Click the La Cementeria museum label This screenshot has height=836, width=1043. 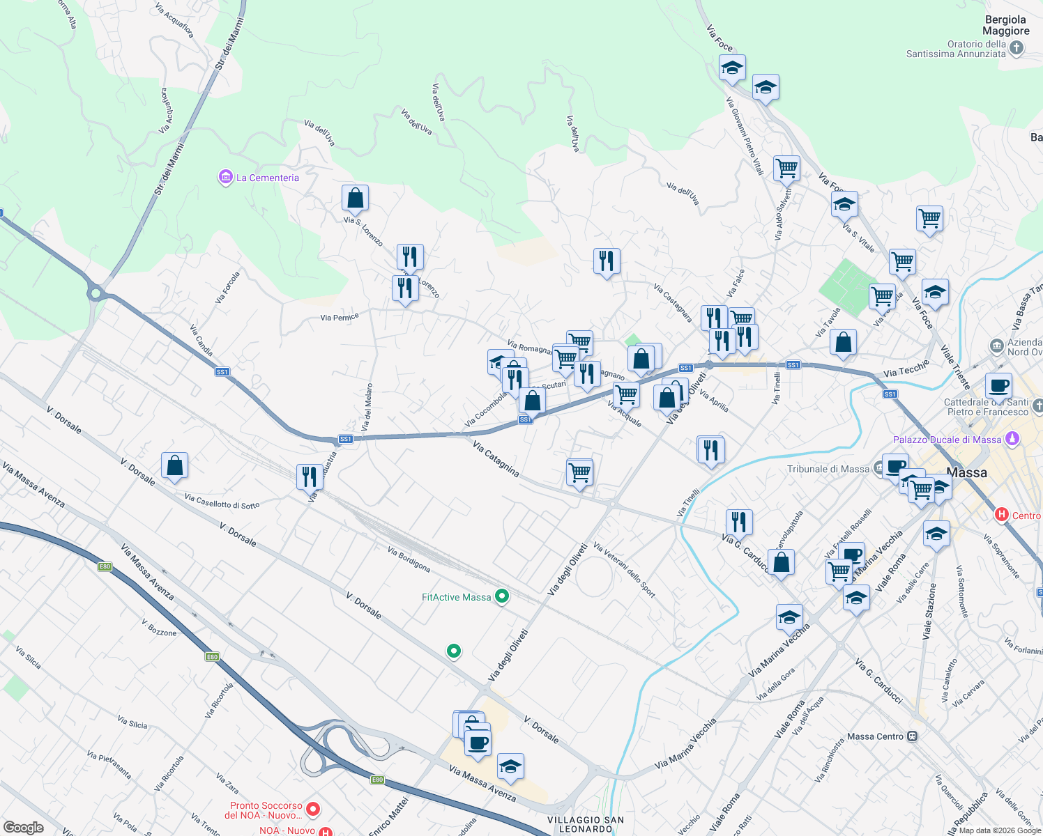(x=267, y=178)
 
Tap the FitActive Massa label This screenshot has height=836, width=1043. (x=457, y=597)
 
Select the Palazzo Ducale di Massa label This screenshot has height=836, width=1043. (x=947, y=440)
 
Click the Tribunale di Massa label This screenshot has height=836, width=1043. (x=828, y=469)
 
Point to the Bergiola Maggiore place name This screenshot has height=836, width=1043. (x=1005, y=25)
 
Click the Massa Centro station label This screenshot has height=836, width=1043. (x=875, y=736)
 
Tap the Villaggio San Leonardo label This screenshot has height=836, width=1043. (x=586, y=824)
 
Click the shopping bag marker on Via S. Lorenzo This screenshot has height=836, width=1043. (x=355, y=199)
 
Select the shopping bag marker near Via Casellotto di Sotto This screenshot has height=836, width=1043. (x=174, y=465)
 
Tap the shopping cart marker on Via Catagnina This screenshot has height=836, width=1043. (x=579, y=473)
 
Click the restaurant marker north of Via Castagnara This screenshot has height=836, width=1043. (x=607, y=261)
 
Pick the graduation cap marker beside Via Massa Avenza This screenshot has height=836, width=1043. (x=510, y=767)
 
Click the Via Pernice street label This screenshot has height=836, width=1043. (x=340, y=318)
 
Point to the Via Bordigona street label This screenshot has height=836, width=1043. (x=409, y=559)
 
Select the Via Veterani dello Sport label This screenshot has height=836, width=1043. (x=624, y=570)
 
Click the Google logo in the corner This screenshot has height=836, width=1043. (x=23, y=827)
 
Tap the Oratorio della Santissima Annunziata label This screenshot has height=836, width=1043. (x=956, y=49)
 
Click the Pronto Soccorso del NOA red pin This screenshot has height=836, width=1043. (x=313, y=810)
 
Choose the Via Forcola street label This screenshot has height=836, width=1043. (x=227, y=287)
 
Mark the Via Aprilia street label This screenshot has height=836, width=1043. (x=714, y=401)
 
